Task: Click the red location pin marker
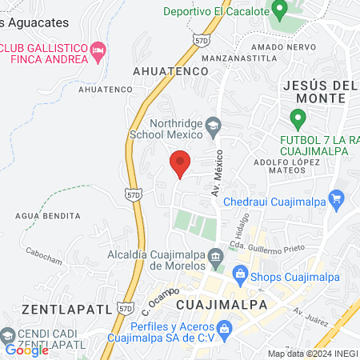point(180,163)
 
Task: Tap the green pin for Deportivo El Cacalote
point(279,10)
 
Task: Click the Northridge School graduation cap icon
point(214,124)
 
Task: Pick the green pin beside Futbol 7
point(298,120)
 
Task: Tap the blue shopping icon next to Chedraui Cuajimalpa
point(337,197)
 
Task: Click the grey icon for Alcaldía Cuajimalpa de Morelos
point(216,257)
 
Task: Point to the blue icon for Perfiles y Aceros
point(225,327)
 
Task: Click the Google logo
point(26,350)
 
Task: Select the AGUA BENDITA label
point(48,216)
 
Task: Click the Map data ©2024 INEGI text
point(312,354)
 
